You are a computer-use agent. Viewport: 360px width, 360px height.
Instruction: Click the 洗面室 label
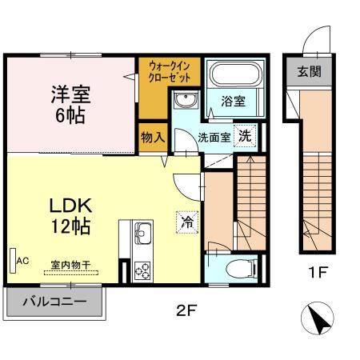tap(214, 136)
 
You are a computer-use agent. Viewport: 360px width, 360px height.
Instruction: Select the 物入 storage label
tap(152, 137)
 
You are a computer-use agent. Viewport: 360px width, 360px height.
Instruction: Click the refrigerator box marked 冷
tap(186, 221)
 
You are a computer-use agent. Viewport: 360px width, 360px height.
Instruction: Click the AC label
tap(22, 261)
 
